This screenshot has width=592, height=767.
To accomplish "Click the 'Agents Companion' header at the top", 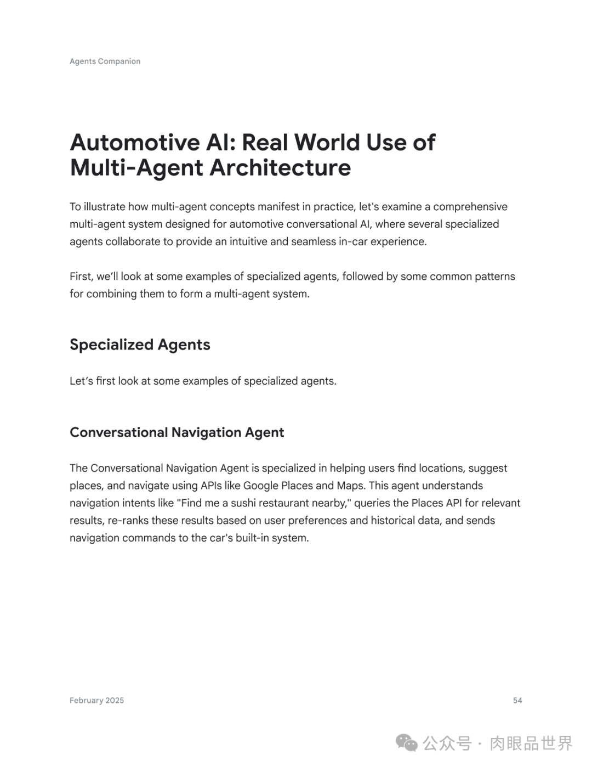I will coord(105,61).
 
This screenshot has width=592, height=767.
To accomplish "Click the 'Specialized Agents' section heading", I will coord(140,345).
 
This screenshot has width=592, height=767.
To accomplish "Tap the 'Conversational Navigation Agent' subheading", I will coord(177,432).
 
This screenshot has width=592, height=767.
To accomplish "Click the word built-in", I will coord(256,538).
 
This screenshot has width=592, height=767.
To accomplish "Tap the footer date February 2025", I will coord(96,701).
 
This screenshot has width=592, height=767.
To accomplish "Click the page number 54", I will coord(517,701).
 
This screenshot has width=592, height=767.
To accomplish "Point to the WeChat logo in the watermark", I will coord(407,743).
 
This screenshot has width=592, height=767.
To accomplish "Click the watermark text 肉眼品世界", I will coord(531,743).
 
